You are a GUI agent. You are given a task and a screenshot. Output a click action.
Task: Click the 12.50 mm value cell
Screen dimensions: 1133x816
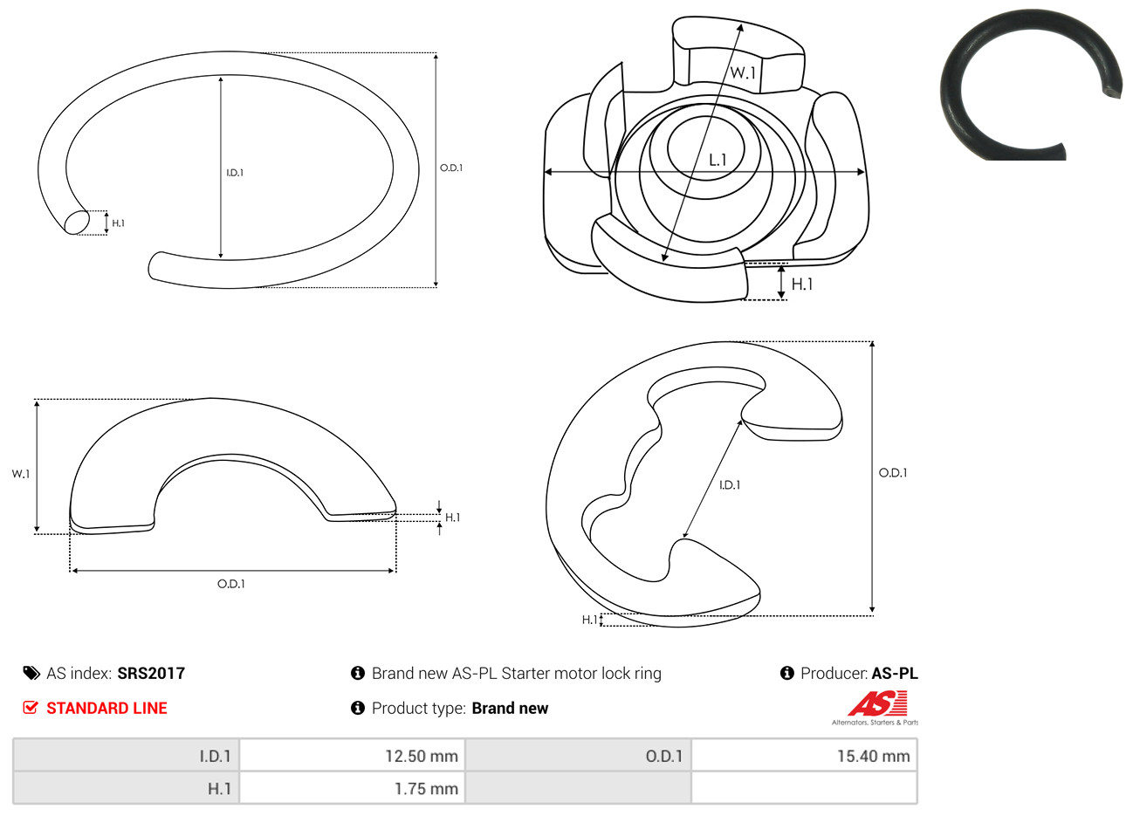tap(352, 756)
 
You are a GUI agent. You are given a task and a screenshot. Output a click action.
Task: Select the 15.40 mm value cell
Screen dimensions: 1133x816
tap(804, 756)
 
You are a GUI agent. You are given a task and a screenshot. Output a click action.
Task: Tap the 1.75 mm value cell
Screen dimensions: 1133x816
tap(352, 788)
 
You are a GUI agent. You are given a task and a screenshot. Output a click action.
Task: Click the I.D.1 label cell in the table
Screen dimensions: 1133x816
tap(126, 756)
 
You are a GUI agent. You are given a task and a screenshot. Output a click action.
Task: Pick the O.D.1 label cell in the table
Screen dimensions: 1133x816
tap(578, 756)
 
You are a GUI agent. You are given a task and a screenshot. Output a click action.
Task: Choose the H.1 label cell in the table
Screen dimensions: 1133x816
tap(126, 788)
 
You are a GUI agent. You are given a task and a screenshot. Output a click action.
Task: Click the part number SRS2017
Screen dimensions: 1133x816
tap(151, 674)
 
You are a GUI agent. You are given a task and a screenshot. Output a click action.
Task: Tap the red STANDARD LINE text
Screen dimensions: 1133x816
tap(106, 708)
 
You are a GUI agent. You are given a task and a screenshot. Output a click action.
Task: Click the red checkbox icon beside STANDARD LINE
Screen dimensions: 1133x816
tap(31, 707)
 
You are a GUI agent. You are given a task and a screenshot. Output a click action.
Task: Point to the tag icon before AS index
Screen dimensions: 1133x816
tap(31, 674)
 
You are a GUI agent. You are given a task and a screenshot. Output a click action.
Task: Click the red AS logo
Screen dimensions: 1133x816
tap(877, 703)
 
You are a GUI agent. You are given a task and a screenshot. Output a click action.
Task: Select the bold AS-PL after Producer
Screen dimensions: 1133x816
tap(894, 674)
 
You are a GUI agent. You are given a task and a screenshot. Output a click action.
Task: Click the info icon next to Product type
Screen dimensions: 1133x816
tap(358, 708)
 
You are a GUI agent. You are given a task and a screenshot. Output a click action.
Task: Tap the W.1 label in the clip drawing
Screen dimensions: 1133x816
tap(743, 72)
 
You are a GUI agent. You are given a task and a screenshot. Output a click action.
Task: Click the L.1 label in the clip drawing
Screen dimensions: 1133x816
tap(718, 161)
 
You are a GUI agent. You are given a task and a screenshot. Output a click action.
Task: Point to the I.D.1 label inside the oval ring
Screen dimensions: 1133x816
tap(235, 173)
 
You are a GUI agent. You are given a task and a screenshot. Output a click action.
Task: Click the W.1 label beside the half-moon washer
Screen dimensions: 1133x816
tap(21, 474)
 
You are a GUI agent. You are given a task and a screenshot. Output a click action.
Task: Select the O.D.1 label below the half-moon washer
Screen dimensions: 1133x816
tap(231, 584)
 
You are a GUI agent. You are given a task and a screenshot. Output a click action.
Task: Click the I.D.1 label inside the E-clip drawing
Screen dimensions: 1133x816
tap(730, 485)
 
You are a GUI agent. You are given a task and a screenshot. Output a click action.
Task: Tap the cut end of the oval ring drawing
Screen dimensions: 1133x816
tap(77, 223)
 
